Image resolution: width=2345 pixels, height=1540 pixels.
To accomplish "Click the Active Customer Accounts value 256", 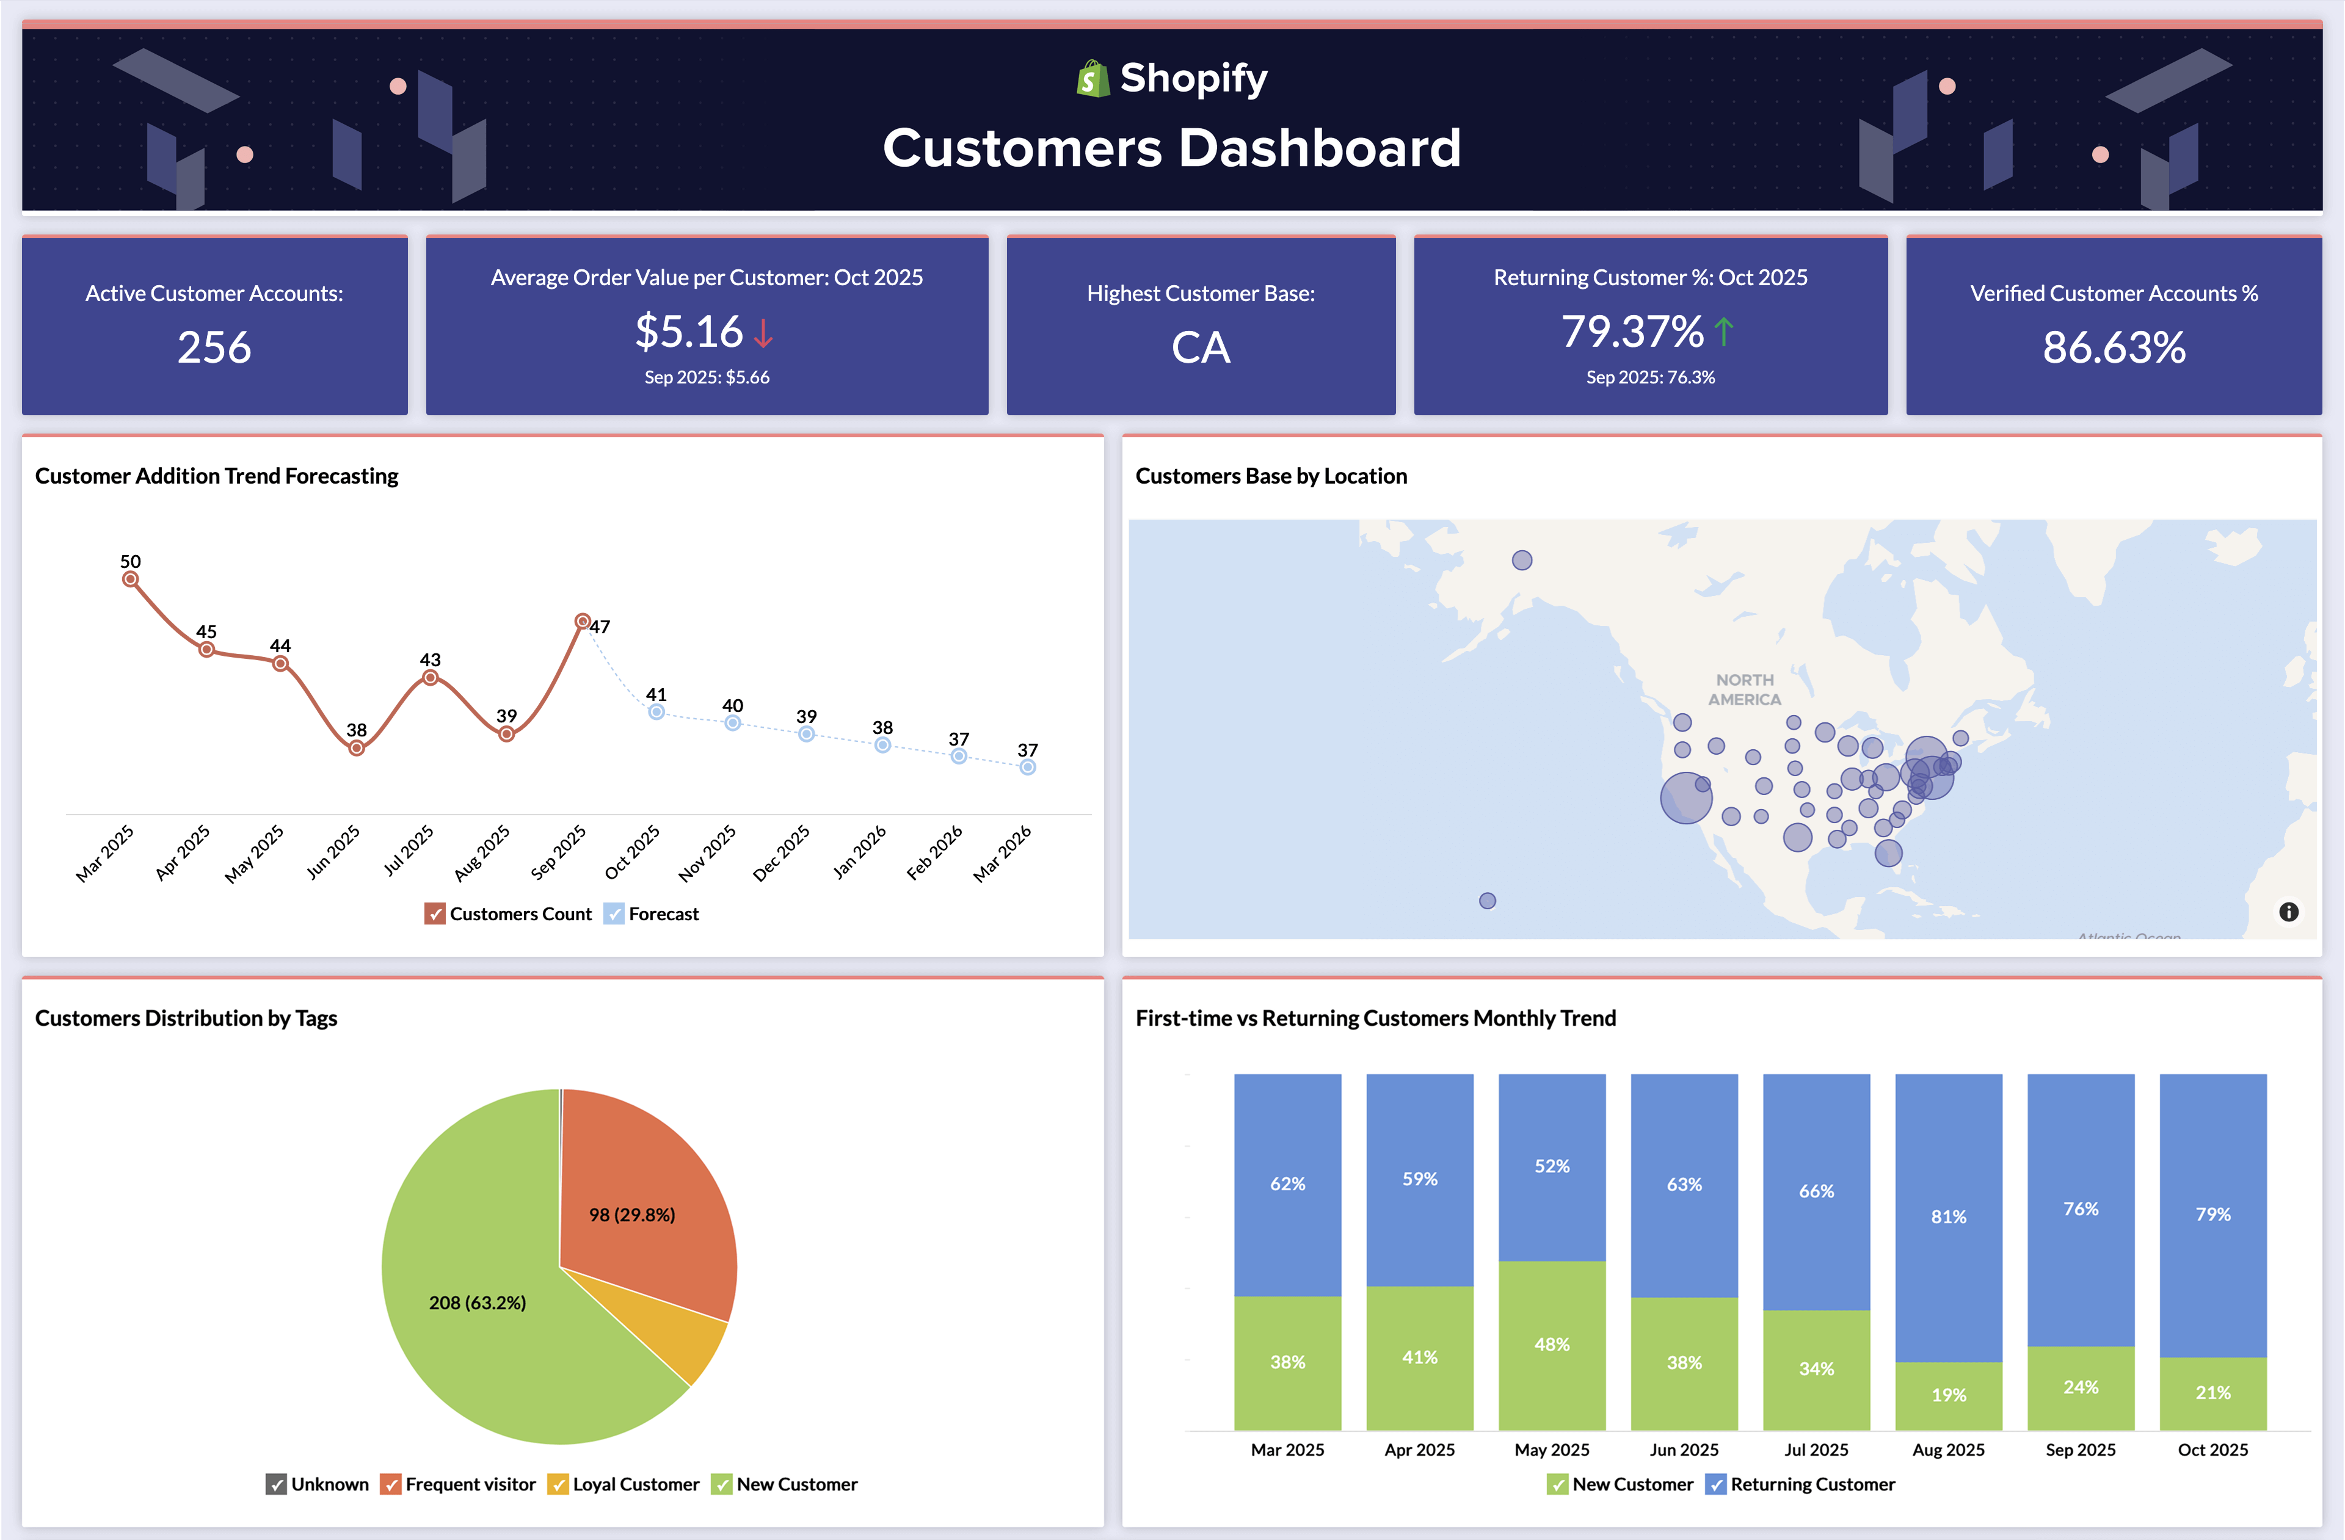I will (x=214, y=347).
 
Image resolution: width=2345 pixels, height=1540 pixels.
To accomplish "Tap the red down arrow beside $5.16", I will (x=763, y=332).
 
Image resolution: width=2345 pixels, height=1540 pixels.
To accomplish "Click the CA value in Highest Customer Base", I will (x=1200, y=347).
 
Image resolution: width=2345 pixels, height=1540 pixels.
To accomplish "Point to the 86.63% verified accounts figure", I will (x=2114, y=347).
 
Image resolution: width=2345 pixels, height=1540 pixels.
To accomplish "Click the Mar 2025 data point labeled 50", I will (x=130, y=579).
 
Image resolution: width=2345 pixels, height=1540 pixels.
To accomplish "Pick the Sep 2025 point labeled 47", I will (x=583, y=622).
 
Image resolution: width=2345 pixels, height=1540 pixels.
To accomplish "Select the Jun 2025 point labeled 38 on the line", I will (x=357, y=748).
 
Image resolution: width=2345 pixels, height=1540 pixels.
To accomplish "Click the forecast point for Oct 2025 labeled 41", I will (x=656, y=711).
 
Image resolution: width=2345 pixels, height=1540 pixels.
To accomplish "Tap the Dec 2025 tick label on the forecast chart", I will (x=781, y=853).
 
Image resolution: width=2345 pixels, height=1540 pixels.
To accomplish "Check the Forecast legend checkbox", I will (x=614, y=913).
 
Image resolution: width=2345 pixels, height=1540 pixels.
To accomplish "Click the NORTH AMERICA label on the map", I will (x=1744, y=689).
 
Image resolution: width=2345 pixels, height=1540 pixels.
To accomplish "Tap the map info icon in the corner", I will (x=2288, y=912).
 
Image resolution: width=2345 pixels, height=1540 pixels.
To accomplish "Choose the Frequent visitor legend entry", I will (x=459, y=1484).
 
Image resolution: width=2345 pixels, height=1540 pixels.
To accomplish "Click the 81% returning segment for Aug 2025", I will (x=1948, y=1217).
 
